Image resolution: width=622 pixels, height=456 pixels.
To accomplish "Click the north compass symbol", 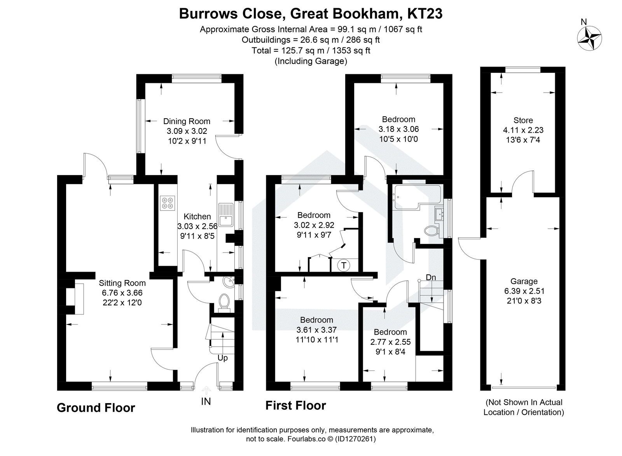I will (589, 38).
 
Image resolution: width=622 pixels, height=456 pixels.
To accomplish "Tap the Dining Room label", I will (187, 121).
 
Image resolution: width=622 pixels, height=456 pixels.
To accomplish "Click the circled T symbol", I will (344, 265).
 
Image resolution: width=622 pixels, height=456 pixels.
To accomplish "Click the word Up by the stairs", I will (223, 358).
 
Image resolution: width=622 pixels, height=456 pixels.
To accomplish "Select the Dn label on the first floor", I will (431, 277).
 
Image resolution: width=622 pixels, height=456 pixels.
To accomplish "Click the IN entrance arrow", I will (206, 389).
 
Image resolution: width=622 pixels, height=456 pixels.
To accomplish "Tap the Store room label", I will (523, 120).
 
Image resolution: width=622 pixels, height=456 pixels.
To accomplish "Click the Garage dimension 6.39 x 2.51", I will (524, 291).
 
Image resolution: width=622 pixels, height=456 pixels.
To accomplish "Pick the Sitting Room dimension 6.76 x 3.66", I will (122, 293).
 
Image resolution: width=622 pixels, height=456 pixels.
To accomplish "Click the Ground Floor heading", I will (96, 407).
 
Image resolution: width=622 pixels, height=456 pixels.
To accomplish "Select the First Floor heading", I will (295, 406).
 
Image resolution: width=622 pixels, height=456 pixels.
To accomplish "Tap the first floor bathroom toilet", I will (432, 231).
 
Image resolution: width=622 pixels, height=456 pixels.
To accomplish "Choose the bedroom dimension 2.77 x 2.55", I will (390, 342).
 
